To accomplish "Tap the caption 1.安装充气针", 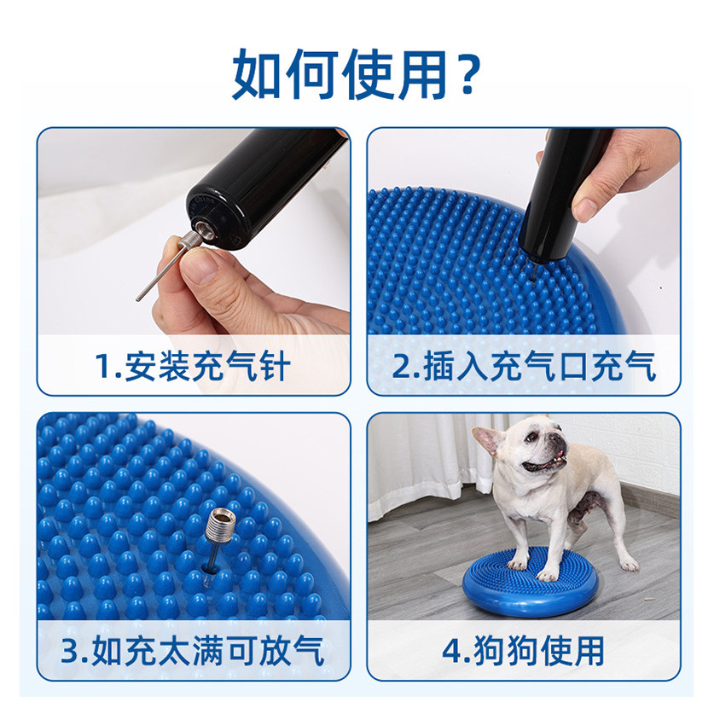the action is coord(193,367).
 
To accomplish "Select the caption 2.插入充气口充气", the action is coord(524,367).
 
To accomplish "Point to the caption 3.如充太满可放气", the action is coord(193,651).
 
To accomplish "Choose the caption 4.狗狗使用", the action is coord(524,651).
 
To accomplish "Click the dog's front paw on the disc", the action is coord(547,575).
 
